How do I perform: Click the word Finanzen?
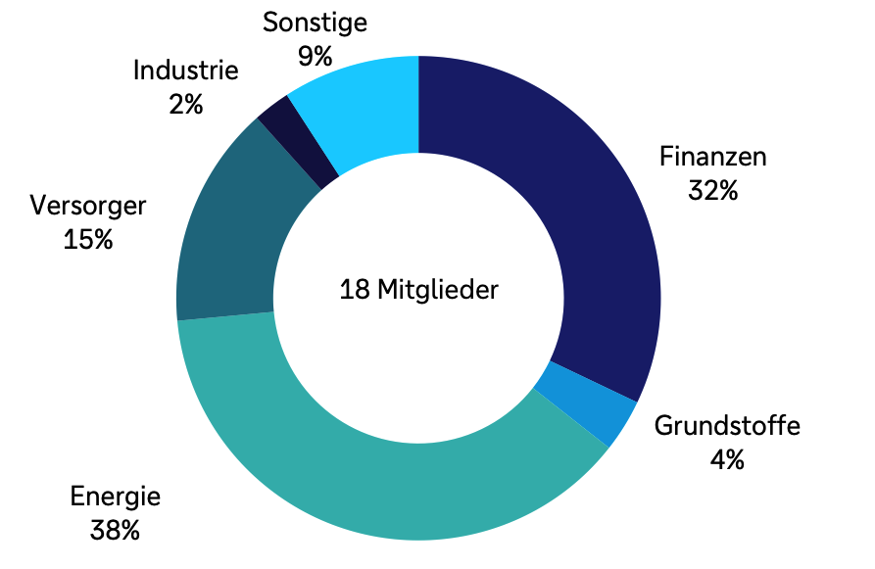tap(712, 157)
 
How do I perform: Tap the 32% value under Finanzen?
tap(712, 190)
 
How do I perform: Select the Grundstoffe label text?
tap(727, 426)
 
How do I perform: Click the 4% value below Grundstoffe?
tap(727, 458)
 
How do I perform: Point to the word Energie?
tap(116, 498)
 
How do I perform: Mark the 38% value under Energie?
tap(116, 531)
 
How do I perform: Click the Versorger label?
tap(88, 206)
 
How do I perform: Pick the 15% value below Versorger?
tap(88, 239)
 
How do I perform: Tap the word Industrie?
tap(185, 71)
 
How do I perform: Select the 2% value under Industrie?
tap(185, 104)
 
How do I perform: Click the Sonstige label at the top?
tap(315, 22)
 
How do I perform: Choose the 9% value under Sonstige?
tap(315, 55)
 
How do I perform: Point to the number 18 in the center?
tap(353, 291)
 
